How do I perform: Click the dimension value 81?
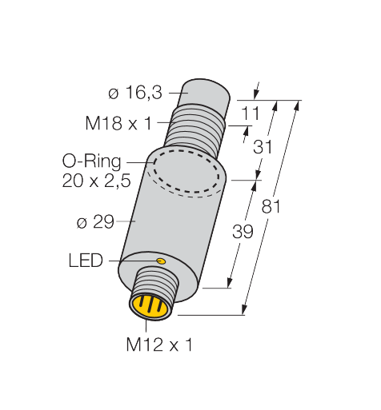[271, 206]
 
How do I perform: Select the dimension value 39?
[243, 231]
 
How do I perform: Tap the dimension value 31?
[263, 147]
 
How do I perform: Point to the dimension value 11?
[251, 113]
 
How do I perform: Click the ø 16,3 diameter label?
[135, 93]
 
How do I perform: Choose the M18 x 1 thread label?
[118, 123]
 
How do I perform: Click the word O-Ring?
[92, 161]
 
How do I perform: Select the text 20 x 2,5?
[96, 181]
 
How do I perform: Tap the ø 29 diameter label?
[95, 221]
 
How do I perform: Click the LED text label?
[86, 261]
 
